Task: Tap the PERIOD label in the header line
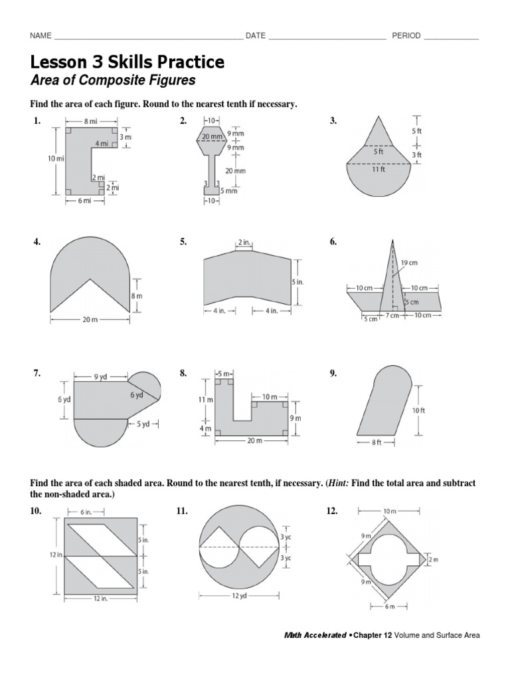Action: (406, 36)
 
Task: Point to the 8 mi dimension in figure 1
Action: (91, 122)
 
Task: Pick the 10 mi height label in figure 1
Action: (56, 159)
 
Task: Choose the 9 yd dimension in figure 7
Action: (100, 376)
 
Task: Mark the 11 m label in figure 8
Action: (205, 400)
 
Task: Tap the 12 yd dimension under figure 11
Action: (238, 596)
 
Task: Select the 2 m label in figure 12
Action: (434, 560)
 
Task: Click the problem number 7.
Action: (37, 374)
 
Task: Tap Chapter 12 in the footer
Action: (371, 636)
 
